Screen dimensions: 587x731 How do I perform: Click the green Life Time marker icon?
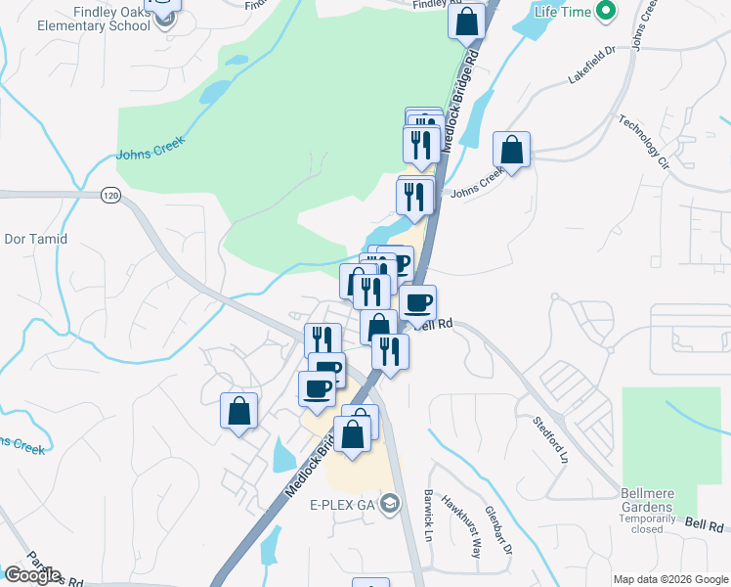(x=606, y=13)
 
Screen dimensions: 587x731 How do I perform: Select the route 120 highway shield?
(x=110, y=197)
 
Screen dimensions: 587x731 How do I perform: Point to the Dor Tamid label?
(x=36, y=239)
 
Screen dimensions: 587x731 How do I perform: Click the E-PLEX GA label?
(x=343, y=505)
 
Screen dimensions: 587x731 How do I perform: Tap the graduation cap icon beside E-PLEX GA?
(x=390, y=504)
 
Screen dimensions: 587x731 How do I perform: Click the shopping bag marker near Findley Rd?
(x=467, y=22)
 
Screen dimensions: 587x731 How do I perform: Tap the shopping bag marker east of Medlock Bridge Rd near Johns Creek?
(x=511, y=151)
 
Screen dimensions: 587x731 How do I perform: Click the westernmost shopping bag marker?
(x=238, y=412)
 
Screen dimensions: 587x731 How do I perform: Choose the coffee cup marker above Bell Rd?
(x=417, y=303)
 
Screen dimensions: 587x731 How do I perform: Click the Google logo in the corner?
(x=31, y=575)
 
